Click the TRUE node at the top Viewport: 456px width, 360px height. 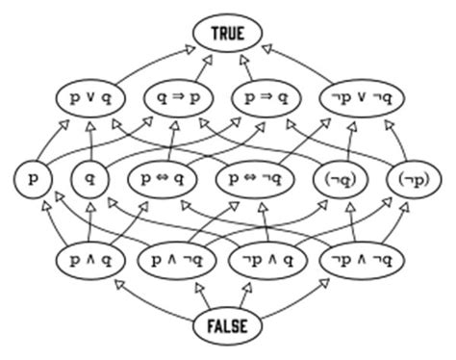[227, 34]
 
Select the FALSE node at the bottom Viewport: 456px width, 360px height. [227, 325]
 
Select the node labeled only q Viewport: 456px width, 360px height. [89, 179]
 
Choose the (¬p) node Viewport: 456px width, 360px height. [412, 179]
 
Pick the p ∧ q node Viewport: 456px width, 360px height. [90, 260]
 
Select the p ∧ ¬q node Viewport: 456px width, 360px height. [182, 260]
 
